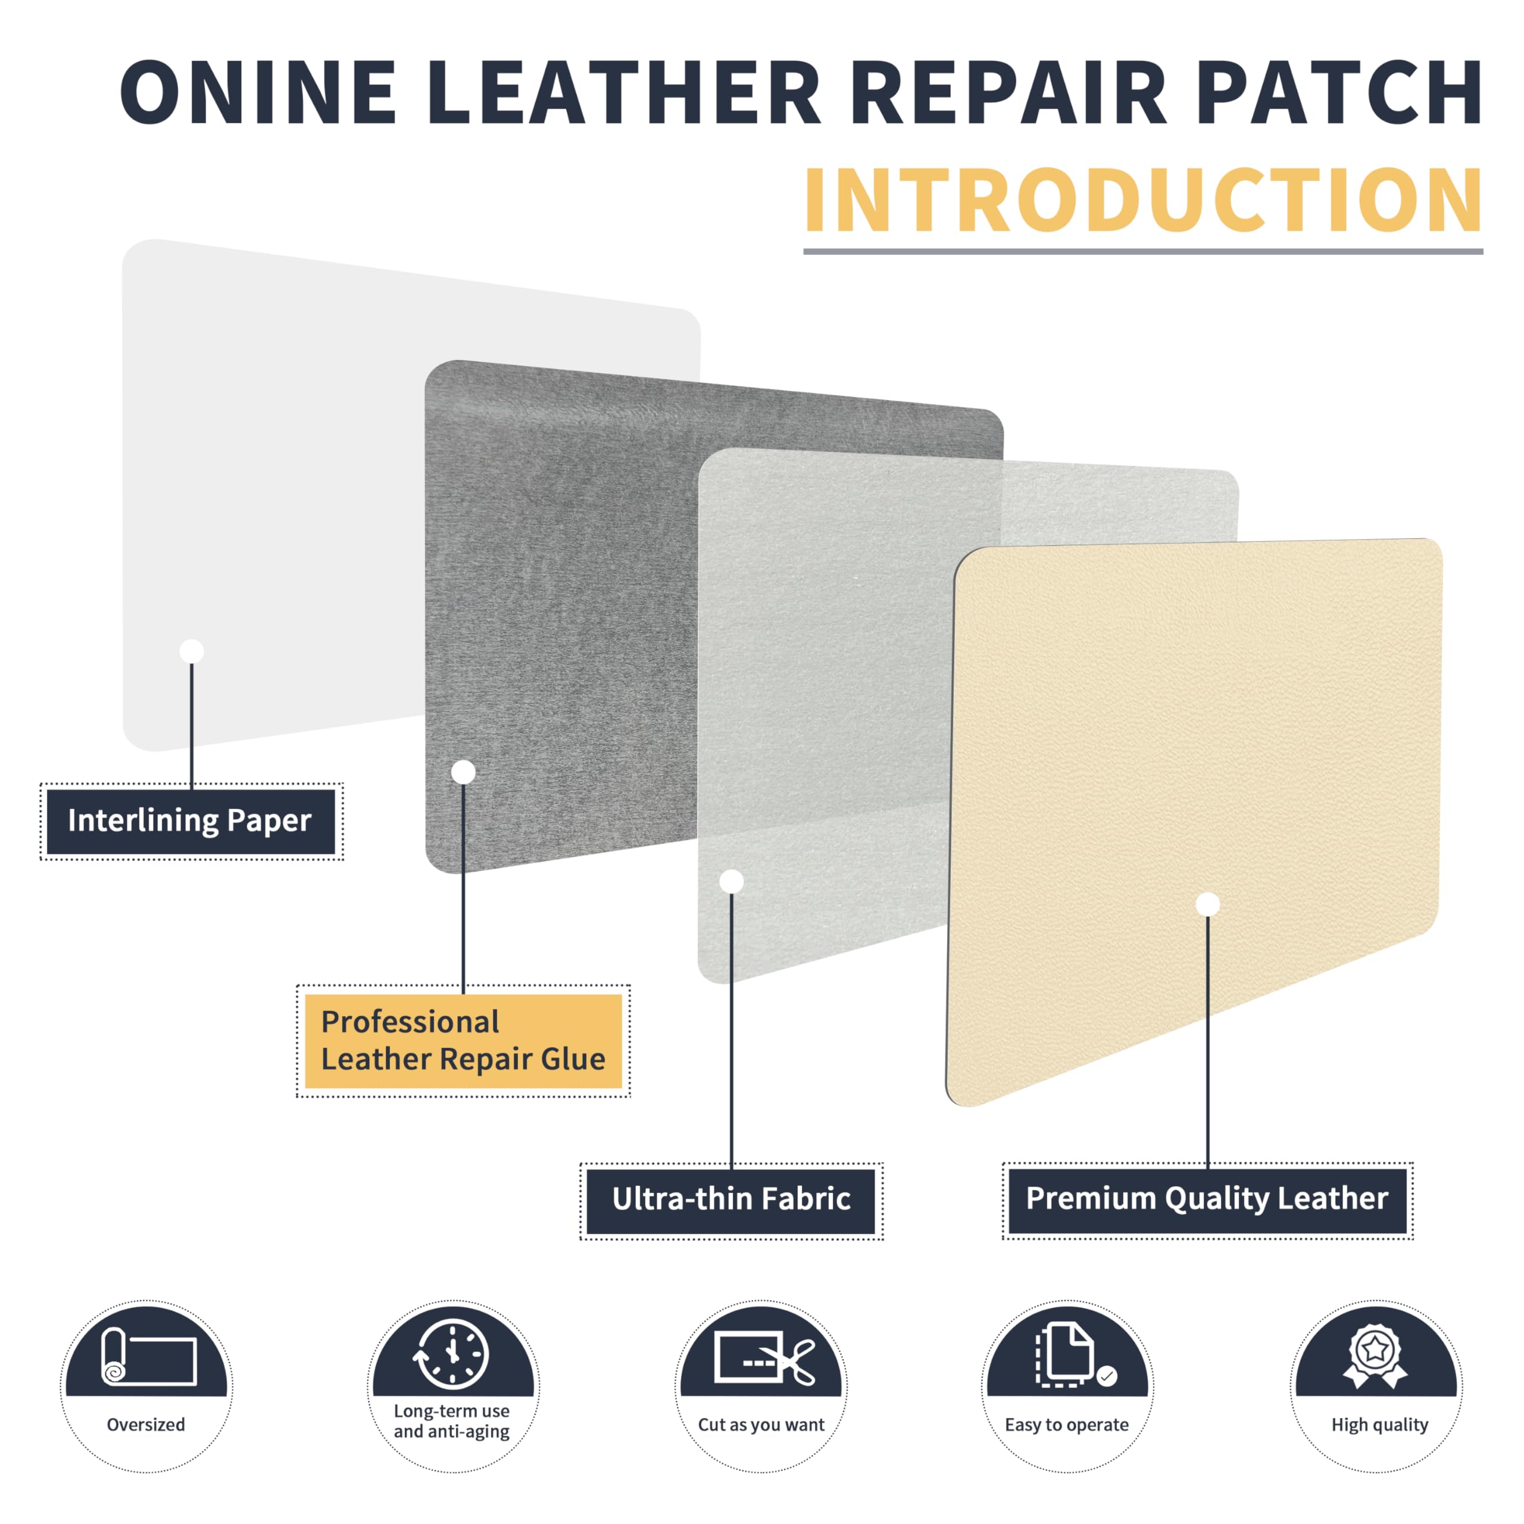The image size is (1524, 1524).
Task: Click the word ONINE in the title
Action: point(258,92)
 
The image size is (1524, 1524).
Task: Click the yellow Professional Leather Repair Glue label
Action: point(463,1041)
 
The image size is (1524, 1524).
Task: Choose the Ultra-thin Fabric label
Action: point(730,1199)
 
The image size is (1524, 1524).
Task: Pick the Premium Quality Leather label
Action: point(1207,1198)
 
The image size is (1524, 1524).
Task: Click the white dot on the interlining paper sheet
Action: point(192,651)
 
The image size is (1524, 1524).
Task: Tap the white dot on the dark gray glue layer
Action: point(463,772)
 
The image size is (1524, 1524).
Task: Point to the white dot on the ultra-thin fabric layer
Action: point(731,881)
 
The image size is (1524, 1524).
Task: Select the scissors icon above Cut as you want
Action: point(764,1357)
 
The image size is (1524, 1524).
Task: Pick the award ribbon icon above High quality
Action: point(1376,1355)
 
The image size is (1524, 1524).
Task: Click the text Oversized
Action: point(146,1425)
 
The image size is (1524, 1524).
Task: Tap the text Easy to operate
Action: point(1066,1425)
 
